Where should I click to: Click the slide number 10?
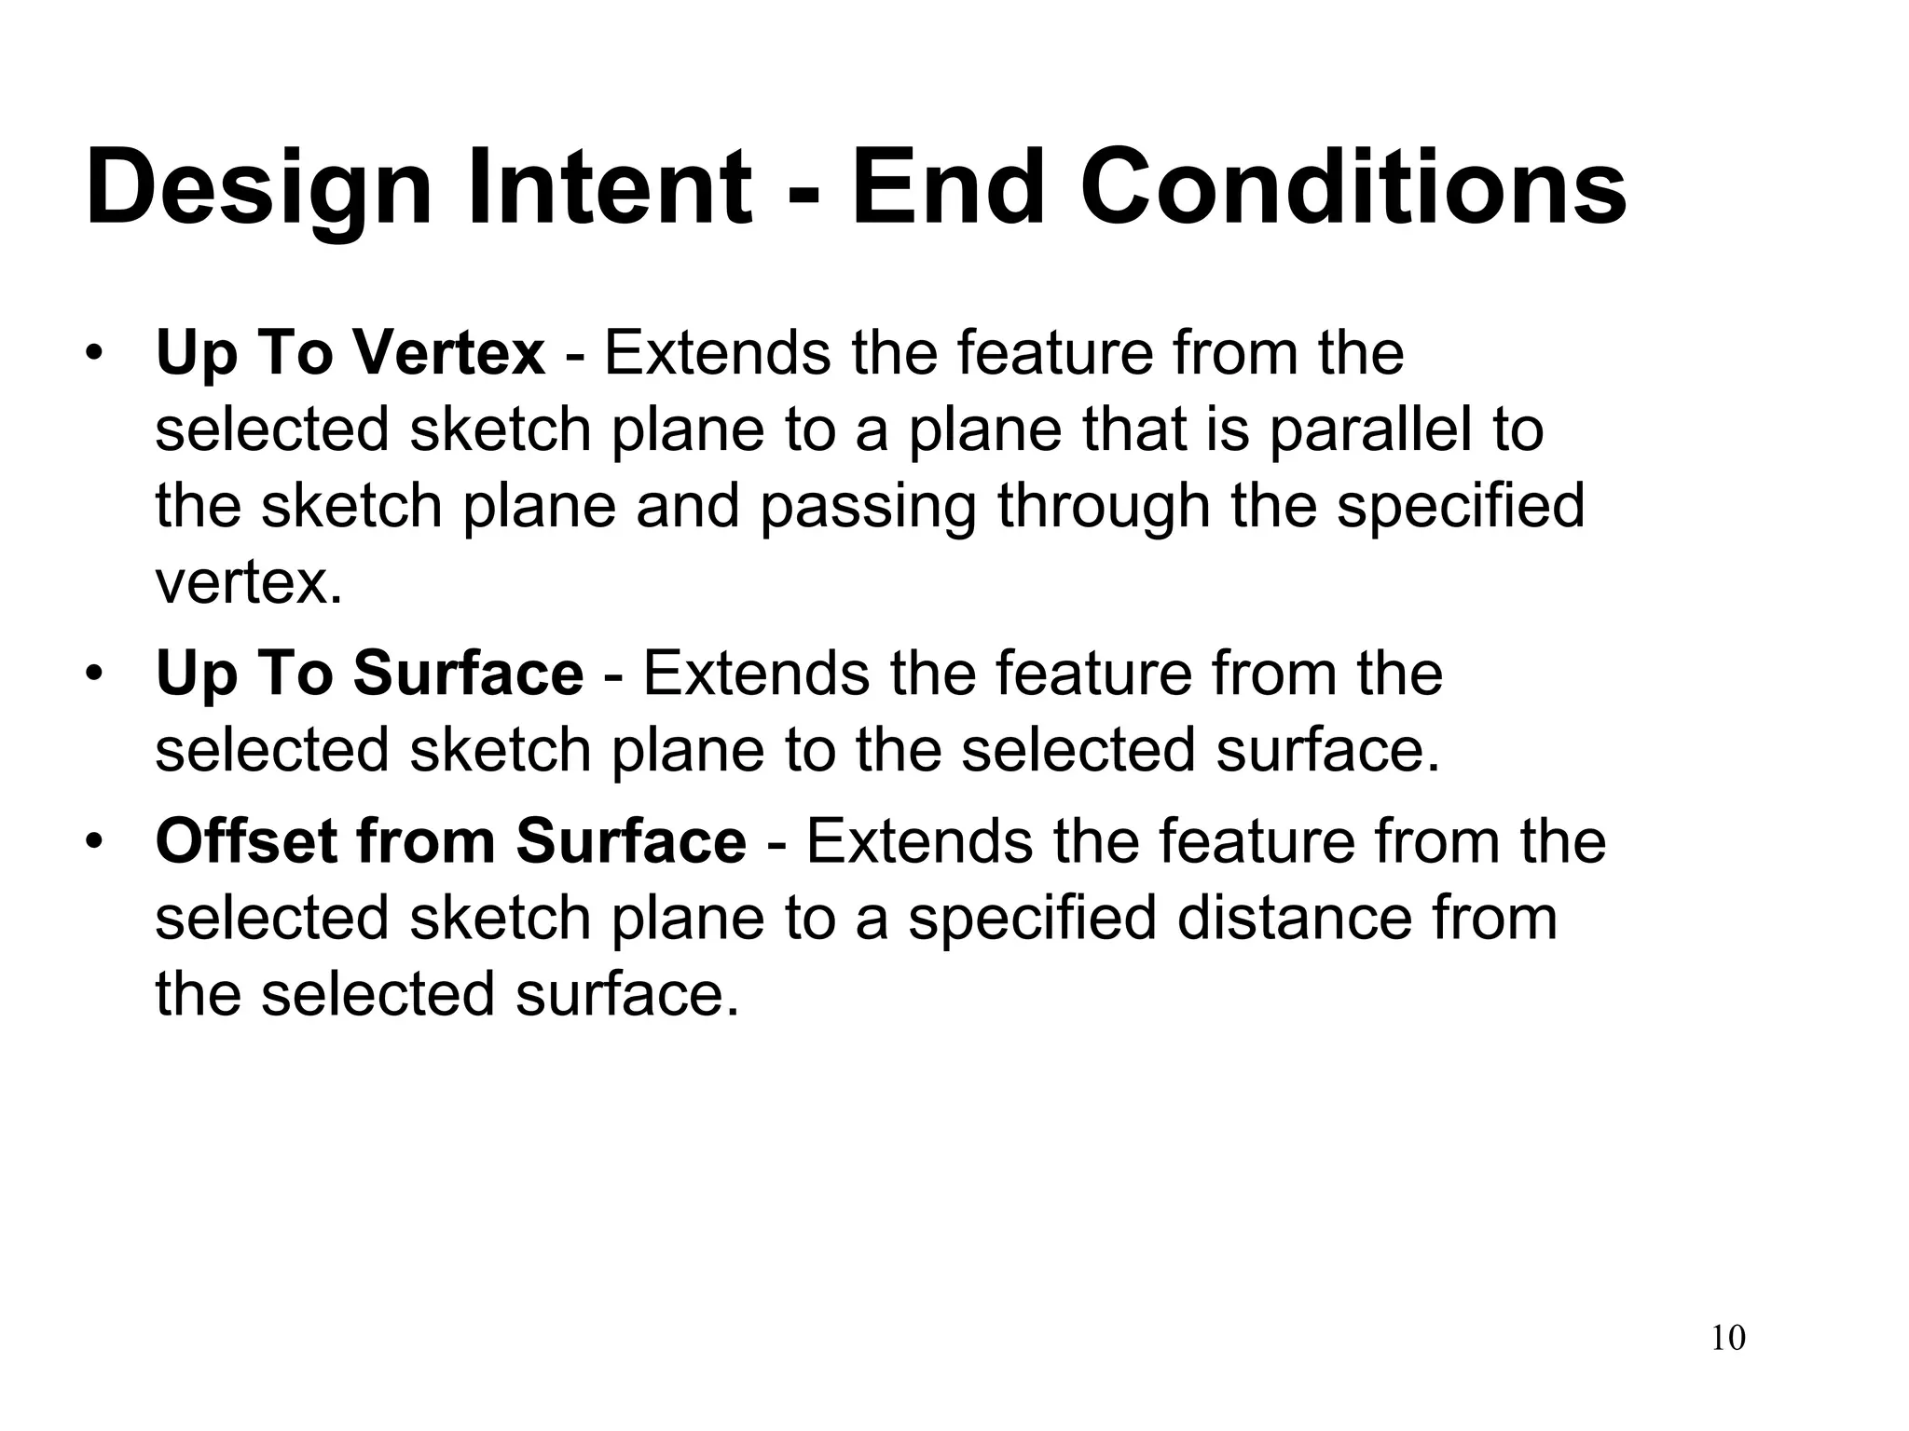(x=1728, y=1338)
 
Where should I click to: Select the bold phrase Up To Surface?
(x=369, y=674)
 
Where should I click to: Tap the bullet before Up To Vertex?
(x=93, y=355)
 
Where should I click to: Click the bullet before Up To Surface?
(x=93, y=674)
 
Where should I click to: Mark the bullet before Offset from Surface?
(x=93, y=841)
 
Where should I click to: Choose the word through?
(x=1102, y=509)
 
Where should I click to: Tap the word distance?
(x=1295, y=918)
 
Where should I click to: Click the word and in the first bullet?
(x=688, y=507)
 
